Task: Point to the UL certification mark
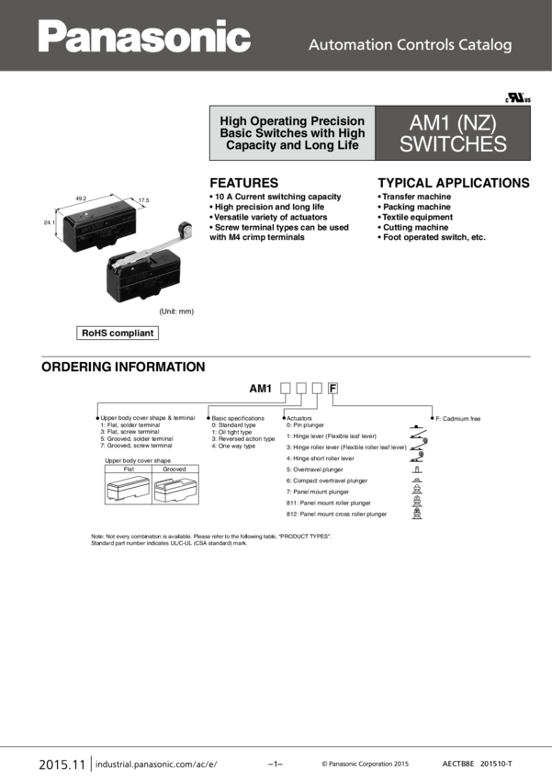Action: pyautogui.click(x=518, y=97)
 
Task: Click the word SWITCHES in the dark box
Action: pyautogui.click(x=453, y=144)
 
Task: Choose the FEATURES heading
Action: pyautogui.click(x=243, y=183)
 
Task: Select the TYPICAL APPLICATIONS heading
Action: pyautogui.click(x=454, y=183)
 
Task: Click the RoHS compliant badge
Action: pyautogui.click(x=118, y=334)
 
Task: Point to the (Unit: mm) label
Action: pyautogui.click(x=176, y=311)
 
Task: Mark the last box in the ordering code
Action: pyautogui.click(x=333, y=389)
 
